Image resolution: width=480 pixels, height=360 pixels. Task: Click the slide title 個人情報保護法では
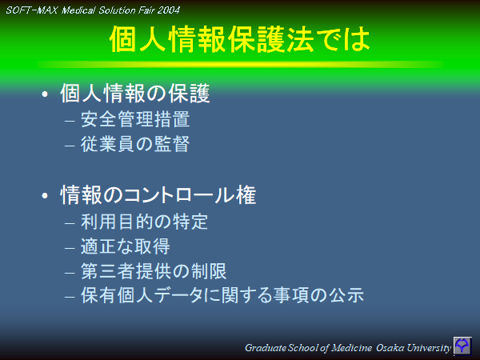(240, 40)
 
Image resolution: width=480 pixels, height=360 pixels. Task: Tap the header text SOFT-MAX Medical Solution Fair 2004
(93, 10)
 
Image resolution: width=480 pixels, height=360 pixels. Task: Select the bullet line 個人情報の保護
(134, 94)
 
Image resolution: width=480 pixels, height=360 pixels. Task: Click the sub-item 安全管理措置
(135, 122)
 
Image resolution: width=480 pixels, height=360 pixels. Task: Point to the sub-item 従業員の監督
(135, 145)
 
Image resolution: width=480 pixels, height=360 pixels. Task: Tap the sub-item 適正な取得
(125, 246)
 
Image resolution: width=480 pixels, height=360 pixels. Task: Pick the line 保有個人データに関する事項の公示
(222, 295)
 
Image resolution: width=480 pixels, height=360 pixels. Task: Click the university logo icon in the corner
(462, 346)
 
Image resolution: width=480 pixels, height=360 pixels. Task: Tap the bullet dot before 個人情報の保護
(45, 95)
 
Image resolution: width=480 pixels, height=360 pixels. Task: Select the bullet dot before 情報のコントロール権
(45, 195)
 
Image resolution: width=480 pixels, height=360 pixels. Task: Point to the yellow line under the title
(240, 63)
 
